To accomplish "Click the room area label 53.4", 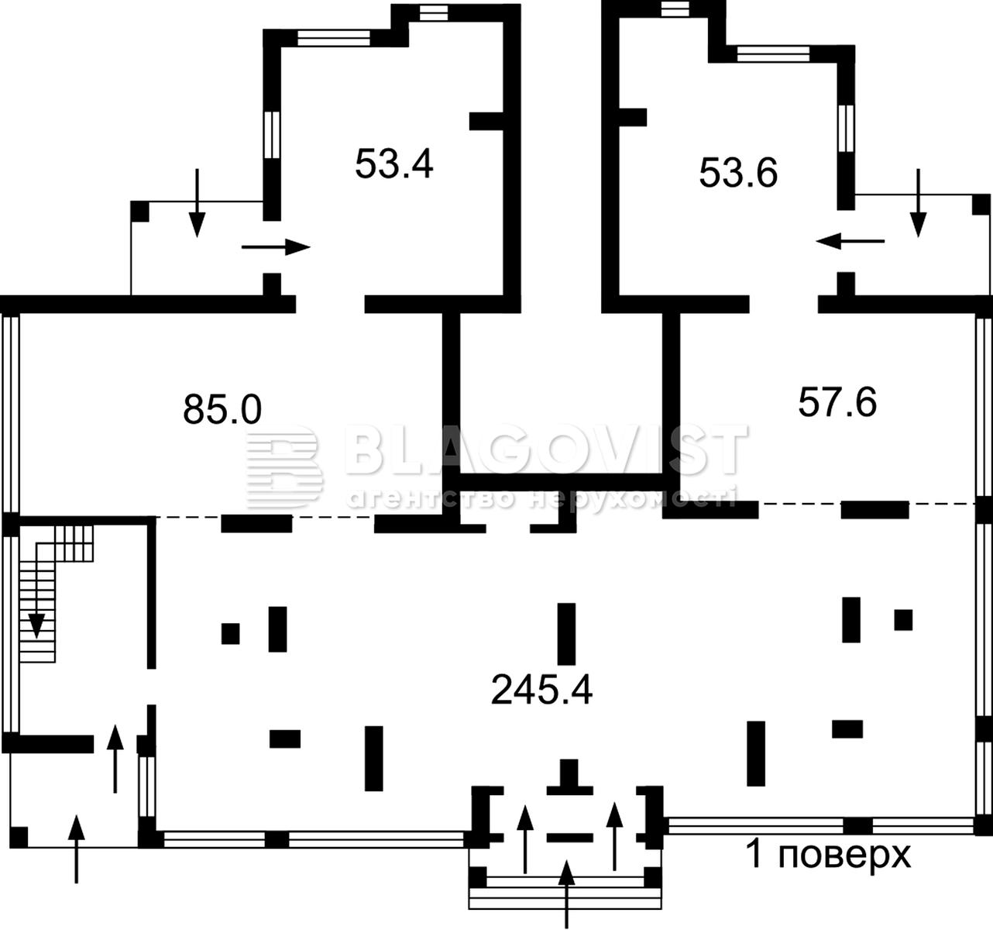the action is coord(394,164).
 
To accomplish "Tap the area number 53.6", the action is coord(738,173).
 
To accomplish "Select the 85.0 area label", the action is coord(222,408).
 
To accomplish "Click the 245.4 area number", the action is coord(541,691).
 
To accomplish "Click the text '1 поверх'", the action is coord(828,855).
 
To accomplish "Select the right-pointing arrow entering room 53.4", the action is coord(276,246).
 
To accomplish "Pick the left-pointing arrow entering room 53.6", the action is coord(850,241).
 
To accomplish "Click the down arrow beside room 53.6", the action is coord(918,203).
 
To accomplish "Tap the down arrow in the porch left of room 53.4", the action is coord(198,203).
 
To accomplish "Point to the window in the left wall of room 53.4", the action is coord(272,135).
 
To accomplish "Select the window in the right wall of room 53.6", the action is coord(847,128).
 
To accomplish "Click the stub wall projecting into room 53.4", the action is coord(486,121).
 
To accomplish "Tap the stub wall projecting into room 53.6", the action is coord(633,117).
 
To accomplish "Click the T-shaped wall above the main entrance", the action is coord(569,778).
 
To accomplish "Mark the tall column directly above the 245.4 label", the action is coord(566,634).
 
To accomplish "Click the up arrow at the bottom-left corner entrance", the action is coord(77,849).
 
